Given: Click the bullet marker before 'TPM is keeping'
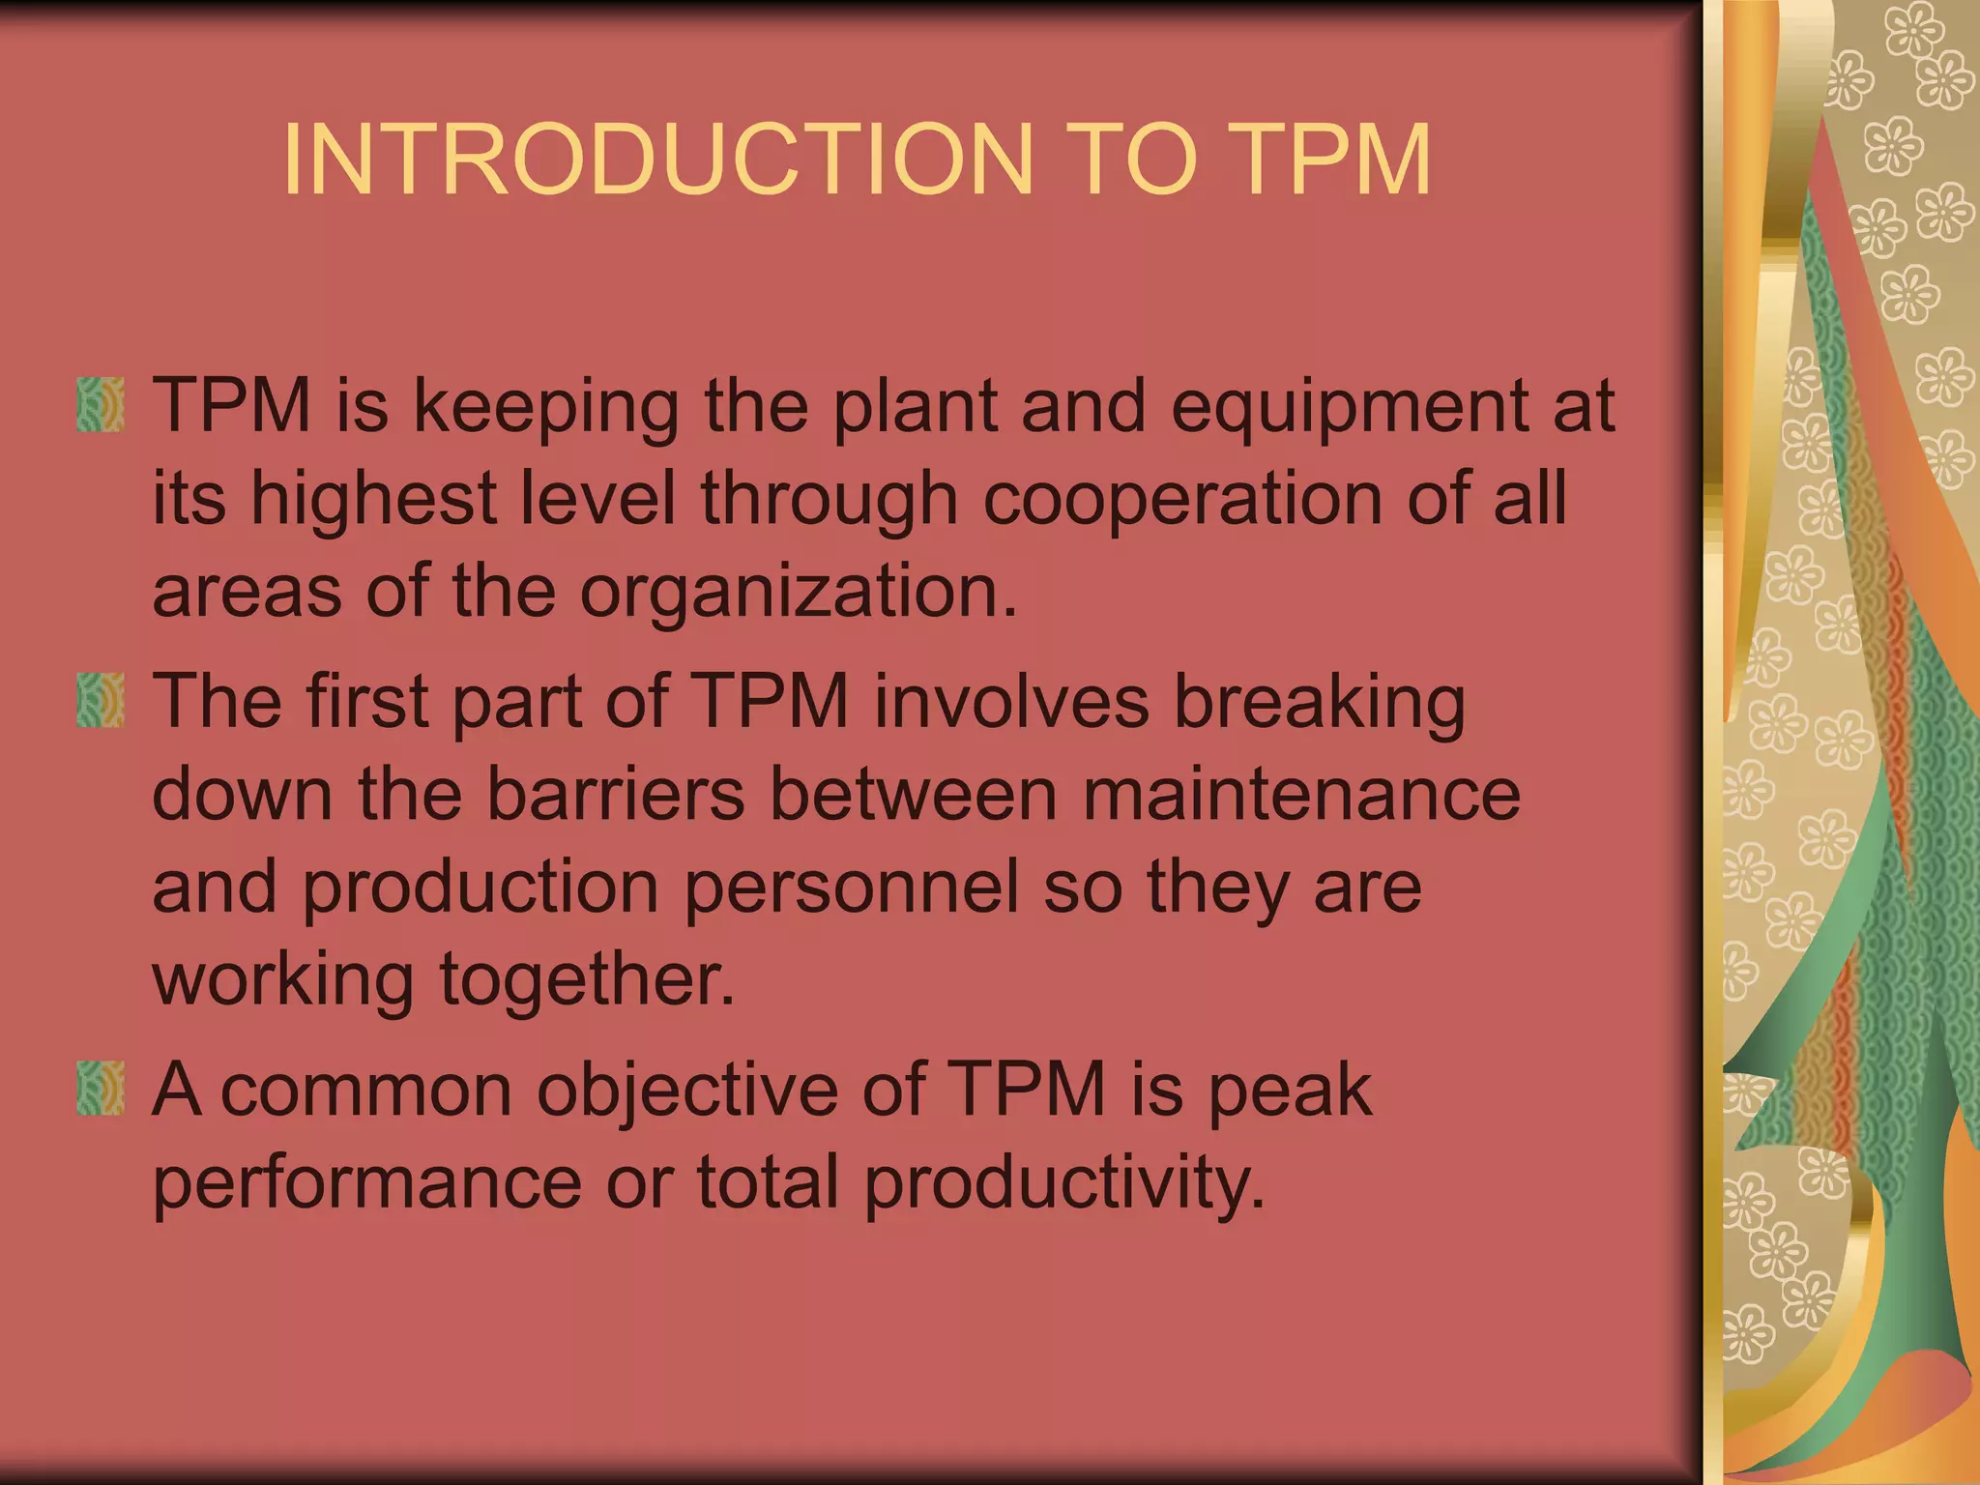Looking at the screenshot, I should (x=101, y=404).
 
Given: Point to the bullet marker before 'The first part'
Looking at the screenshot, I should (x=101, y=701).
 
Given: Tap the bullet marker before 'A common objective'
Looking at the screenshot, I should (x=101, y=1089).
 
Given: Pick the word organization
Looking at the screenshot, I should (x=798, y=594).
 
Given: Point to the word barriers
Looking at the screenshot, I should (x=615, y=795).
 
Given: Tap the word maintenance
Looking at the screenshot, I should (x=1300, y=795).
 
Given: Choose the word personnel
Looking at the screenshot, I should (x=851, y=888).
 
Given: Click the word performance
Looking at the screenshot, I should (x=367, y=1183).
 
